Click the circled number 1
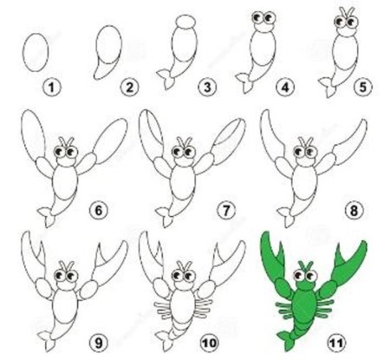[x=52, y=87]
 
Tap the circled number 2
[x=129, y=87]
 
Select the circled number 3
[x=207, y=87]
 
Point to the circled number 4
[x=285, y=87]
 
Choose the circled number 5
[x=363, y=87]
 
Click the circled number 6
[x=99, y=210]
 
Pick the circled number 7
[x=226, y=210]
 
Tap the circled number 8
[x=354, y=210]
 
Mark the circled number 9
[x=99, y=343]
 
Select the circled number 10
[x=209, y=343]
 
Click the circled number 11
[x=337, y=343]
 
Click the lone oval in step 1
[x=36, y=52]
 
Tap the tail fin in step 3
[x=166, y=78]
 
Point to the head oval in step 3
[x=185, y=22]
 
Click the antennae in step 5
[x=346, y=13]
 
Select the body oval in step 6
[x=65, y=182]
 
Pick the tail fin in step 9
[x=47, y=340]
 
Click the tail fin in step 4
[x=244, y=82]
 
